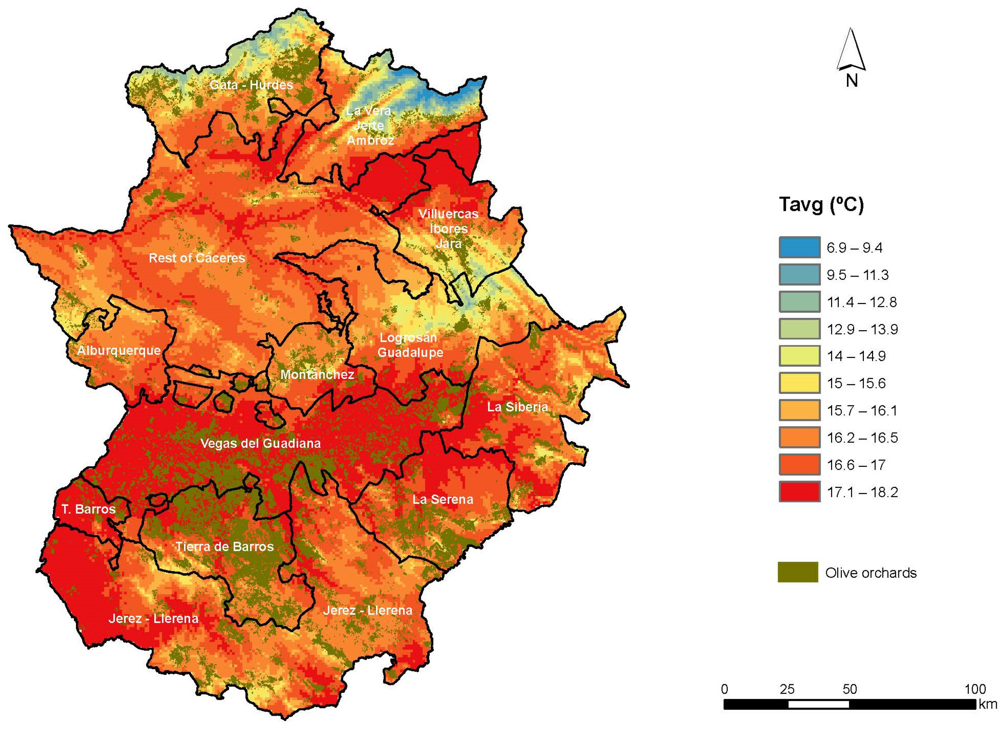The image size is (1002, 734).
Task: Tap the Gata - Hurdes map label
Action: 251,85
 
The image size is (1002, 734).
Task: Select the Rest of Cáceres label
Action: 197,258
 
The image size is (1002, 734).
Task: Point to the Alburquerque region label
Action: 119,350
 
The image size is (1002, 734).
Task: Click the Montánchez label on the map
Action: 317,374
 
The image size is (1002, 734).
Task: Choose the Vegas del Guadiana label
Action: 260,443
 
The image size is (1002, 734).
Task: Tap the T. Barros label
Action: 88,509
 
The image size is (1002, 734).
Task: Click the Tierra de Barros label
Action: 224,546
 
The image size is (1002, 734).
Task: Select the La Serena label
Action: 442,499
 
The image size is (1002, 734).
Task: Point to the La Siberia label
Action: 517,407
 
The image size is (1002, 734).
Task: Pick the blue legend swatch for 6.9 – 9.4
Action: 799,247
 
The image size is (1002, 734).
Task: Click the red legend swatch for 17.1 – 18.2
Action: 799,492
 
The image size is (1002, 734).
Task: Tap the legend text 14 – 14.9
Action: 855,356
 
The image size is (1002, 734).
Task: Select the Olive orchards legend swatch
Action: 797,572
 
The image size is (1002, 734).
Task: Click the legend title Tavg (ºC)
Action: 821,205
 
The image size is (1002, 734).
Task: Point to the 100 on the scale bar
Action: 975,689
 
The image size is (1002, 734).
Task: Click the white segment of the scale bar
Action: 818,704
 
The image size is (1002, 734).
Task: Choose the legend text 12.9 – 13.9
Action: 862,329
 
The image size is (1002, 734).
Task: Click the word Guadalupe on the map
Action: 410,352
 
